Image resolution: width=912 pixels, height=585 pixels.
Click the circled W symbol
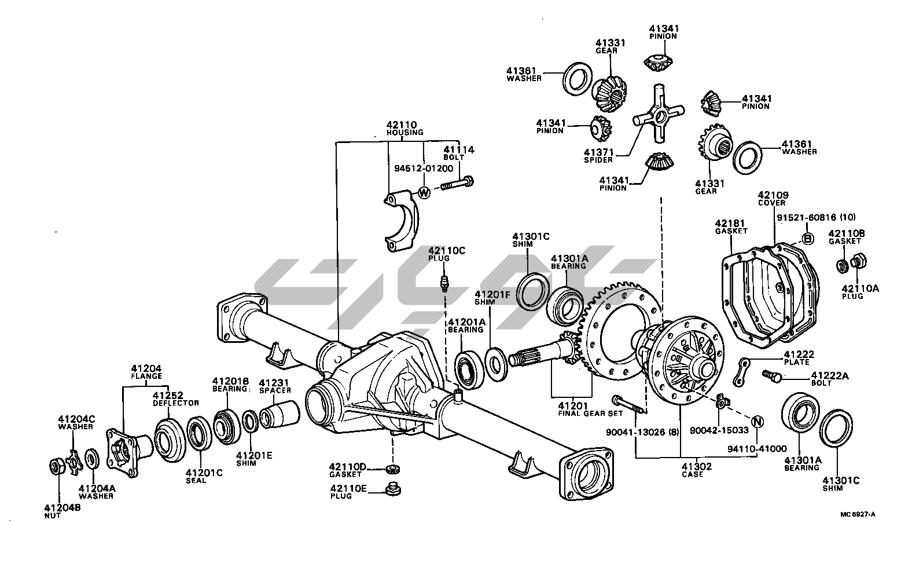click(x=424, y=192)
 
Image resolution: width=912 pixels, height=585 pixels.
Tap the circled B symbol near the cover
click(x=808, y=239)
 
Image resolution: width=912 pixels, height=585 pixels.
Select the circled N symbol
click(x=757, y=421)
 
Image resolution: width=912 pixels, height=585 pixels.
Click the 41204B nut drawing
click(x=56, y=466)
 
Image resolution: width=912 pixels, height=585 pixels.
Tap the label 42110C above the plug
click(x=446, y=250)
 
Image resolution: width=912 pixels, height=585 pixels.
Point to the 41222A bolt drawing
click(x=771, y=376)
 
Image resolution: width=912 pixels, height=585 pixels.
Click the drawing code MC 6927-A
click(x=858, y=514)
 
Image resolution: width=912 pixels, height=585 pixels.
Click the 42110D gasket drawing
click(x=394, y=468)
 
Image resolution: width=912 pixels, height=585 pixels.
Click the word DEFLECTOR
click(x=176, y=403)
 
